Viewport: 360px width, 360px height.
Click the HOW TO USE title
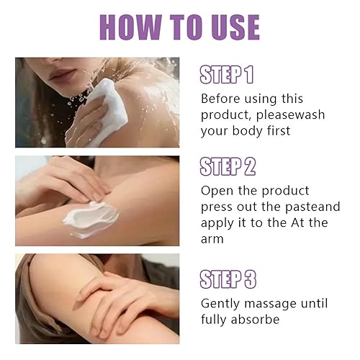pyautogui.click(x=179, y=27)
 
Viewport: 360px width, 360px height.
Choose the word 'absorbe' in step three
pyautogui.click(x=258, y=319)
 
